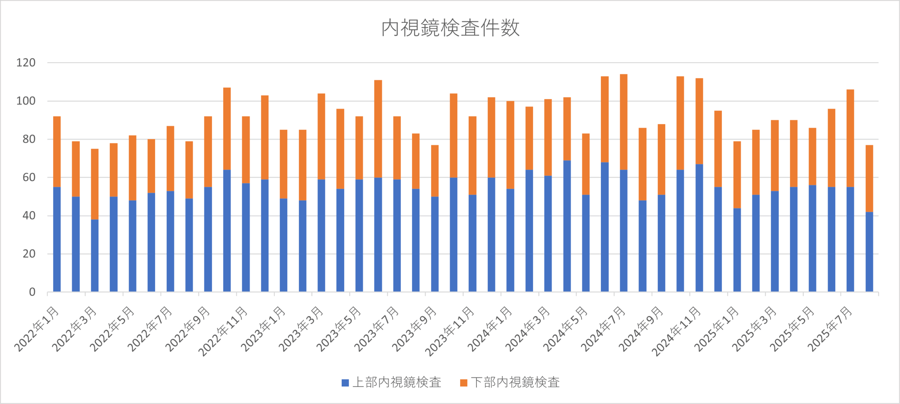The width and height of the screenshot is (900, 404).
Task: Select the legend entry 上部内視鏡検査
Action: (397, 382)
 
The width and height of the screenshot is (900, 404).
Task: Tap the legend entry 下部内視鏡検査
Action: (515, 382)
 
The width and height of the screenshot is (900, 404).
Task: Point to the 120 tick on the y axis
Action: (26, 63)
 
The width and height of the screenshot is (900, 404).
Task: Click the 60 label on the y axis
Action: (29, 177)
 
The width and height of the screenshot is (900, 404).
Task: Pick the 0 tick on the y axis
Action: (32, 292)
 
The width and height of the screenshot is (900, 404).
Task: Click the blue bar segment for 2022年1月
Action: (57, 239)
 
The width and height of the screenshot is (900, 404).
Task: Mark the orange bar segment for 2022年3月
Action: (95, 184)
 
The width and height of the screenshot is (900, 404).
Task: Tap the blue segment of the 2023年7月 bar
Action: (397, 235)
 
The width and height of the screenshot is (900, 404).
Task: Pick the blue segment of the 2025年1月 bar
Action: (737, 250)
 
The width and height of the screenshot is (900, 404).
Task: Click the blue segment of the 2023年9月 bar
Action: (435, 244)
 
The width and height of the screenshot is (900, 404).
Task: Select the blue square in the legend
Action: (345, 383)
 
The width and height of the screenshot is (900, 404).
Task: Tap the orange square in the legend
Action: (464, 383)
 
